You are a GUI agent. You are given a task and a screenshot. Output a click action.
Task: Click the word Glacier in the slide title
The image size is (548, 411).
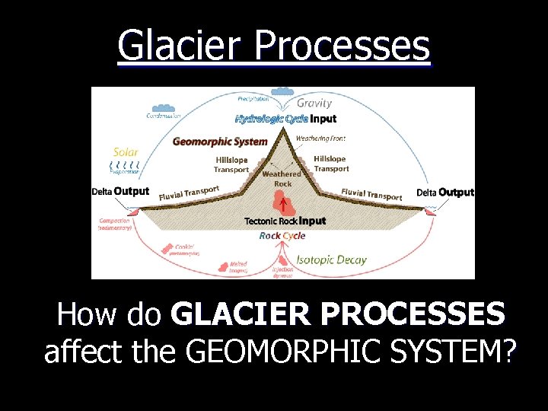click(182, 46)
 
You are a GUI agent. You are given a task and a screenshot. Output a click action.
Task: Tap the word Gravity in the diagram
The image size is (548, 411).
click(314, 103)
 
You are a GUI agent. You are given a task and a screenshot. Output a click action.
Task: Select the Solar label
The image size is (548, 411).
click(126, 152)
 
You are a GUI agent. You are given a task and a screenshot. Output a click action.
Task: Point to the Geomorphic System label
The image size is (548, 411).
click(220, 141)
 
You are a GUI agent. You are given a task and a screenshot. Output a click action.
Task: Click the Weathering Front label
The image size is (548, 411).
click(320, 139)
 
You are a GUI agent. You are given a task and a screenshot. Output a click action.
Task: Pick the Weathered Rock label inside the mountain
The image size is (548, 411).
click(282, 178)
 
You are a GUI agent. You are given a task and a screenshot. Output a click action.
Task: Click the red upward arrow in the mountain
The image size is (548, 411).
click(282, 205)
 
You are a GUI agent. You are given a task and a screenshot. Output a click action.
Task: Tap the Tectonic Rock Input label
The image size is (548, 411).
click(285, 221)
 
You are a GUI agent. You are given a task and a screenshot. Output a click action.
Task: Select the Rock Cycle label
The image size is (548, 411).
click(282, 236)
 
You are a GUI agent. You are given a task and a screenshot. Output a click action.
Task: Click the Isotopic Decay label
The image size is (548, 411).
click(330, 260)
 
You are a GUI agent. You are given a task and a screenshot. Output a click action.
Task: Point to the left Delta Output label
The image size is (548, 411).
click(120, 191)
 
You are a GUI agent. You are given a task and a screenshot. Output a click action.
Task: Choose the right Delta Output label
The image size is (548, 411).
click(444, 193)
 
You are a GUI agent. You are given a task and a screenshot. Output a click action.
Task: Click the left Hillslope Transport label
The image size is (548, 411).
click(231, 164)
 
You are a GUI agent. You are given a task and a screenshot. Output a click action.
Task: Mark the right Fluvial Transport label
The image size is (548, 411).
click(371, 195)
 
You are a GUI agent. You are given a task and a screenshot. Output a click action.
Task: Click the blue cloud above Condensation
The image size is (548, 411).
click(163, 108)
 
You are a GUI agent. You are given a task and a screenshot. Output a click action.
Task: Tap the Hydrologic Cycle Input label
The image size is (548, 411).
click(285, 119)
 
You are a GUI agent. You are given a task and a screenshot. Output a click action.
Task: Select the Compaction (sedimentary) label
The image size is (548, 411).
click(115, 225)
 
